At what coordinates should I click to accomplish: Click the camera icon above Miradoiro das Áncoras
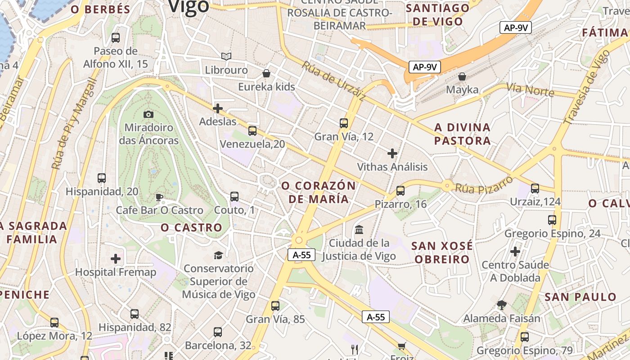[148, 114]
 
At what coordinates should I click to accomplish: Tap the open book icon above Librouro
[226, 57]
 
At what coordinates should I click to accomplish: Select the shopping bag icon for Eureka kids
[266, 73]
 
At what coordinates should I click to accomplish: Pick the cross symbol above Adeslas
[218, 108]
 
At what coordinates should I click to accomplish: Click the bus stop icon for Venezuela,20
[252, 131]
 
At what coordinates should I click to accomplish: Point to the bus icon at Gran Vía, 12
[344, 123]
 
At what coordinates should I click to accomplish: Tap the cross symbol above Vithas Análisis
[392, 153]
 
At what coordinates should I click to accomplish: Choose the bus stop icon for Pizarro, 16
[400, 191]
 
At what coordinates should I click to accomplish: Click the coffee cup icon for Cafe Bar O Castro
[159, 197]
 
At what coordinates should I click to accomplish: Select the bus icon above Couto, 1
[234, 197]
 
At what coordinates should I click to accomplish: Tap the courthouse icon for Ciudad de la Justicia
[359, 230]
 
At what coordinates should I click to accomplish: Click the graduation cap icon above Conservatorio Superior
[218, 255]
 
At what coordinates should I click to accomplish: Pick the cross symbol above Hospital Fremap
[116, 259]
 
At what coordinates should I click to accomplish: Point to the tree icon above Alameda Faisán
[502, 305]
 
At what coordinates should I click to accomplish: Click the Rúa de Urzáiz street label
[333, 81]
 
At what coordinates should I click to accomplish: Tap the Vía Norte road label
[530, 89]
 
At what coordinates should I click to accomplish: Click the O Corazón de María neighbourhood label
[318, 192]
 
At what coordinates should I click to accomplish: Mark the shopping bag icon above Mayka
[462, 76]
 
